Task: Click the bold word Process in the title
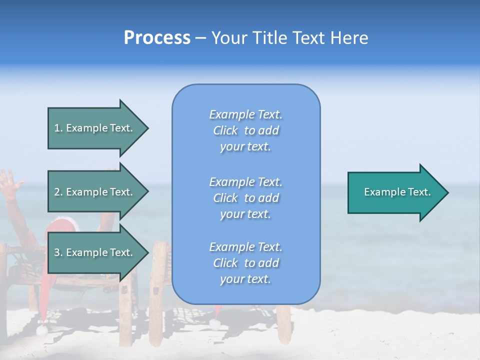157,38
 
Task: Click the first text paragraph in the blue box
245,130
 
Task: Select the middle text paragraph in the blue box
245,198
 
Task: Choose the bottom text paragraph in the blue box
245,263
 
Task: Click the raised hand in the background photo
10,183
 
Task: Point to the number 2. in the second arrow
58,192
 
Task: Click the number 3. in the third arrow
58,252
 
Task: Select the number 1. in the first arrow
58,128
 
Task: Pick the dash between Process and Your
200,38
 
